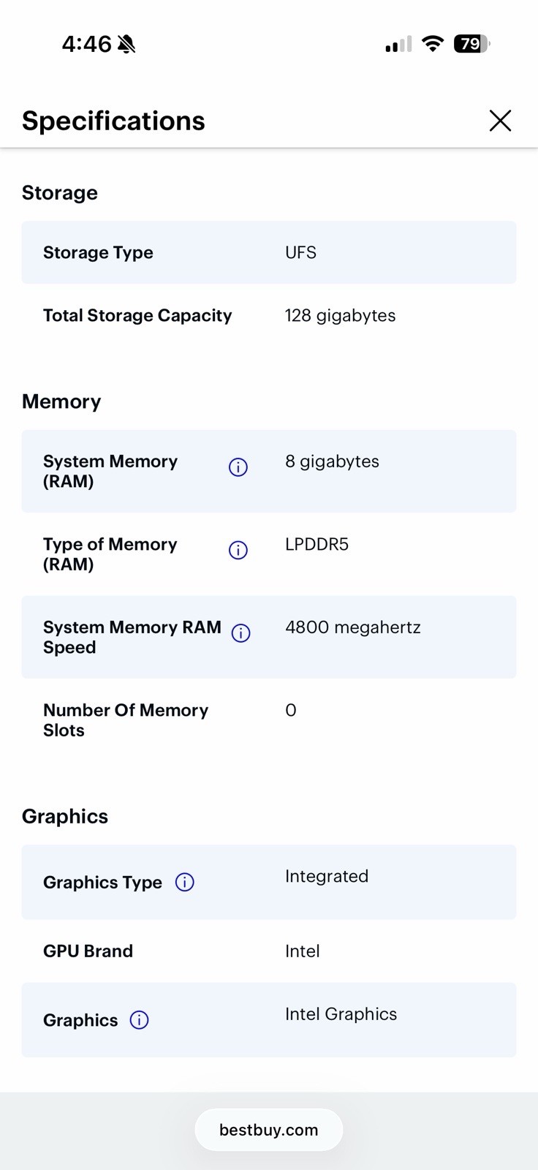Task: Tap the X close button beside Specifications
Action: coord(500,121)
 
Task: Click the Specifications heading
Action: coord(113,121)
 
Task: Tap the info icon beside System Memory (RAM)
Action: coord(238,467)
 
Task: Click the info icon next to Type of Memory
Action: coord(238,550)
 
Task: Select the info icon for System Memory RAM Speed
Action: coord(240,633)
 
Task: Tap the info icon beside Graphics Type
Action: coord(184,882)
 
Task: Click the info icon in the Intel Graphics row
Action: coord(139,1019)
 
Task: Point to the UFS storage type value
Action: coord(301,253)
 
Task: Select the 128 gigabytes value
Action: coord(340,315)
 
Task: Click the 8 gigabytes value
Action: coord(332,461)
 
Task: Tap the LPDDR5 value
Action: coord(317,544)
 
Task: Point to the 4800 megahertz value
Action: coord(353,627)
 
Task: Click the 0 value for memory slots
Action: coord(291,710)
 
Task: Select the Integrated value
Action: coord(327,877)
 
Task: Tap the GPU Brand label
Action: coord(88,951)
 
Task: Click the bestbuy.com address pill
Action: coord(269,1130)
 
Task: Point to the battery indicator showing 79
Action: coord(472,44)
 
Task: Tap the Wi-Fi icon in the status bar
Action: coord(433,43)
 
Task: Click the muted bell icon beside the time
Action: coord(126,45)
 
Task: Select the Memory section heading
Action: coord(61,401)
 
